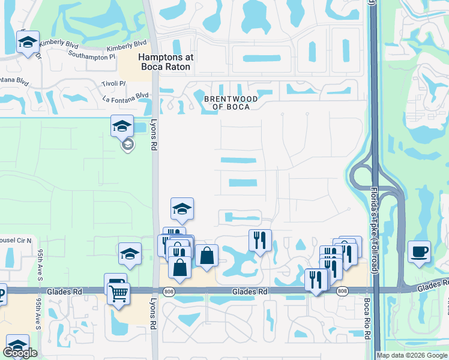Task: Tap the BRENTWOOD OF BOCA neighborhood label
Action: click(x=231, y=103)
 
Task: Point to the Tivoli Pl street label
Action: click(x=113, y=83)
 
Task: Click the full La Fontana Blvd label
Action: click(x=125, y=95)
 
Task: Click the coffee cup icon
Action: click(x=419, y=251)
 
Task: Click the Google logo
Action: click(x=20, y=353)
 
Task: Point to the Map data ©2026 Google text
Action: click(x=412, y=355)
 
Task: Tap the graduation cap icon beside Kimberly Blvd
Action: click(x=28, y=43)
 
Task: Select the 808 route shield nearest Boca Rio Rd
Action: click(x=342, y=292)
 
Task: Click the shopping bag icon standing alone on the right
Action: click(x=206, y=255)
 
